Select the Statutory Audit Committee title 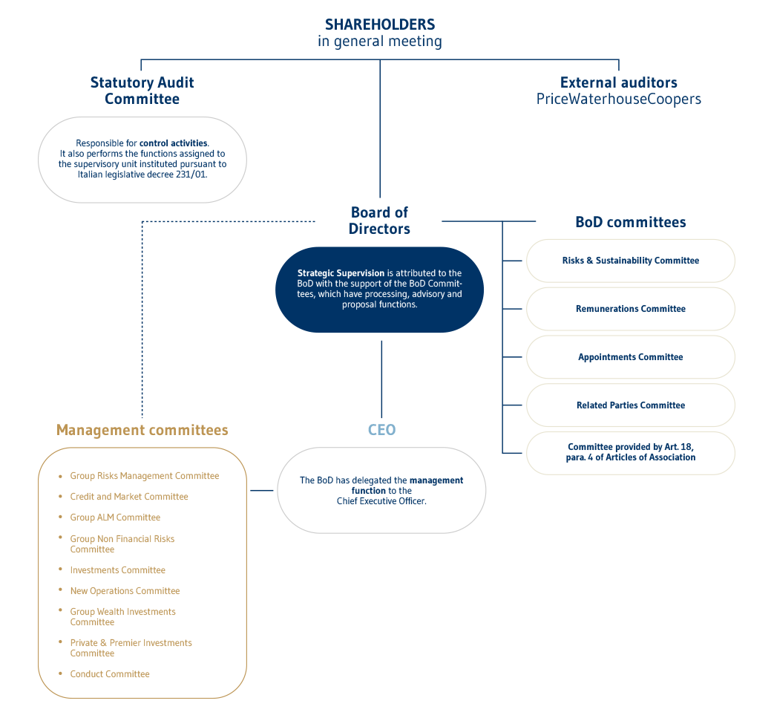tap(142, 91)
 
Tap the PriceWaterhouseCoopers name tap(618, 99)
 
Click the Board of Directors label tap(379, 221)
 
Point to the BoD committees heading tap(630, 222)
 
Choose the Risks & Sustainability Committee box tap(630, 261)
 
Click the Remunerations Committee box tap(630, 309)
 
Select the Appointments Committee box tap(630, 357)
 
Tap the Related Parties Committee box tap(630, 405)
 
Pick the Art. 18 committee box tap(630, 452)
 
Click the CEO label tap(381, 430)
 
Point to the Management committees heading tap(142, 430)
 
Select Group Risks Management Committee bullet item tap(144, 476)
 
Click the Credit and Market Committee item tap(129, 497)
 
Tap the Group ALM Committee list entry tap(115, 518)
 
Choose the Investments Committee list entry tap(117, 570)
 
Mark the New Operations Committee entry tap(125, 591)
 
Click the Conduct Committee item tap(110, 674)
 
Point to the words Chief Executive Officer tap(381, 501)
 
